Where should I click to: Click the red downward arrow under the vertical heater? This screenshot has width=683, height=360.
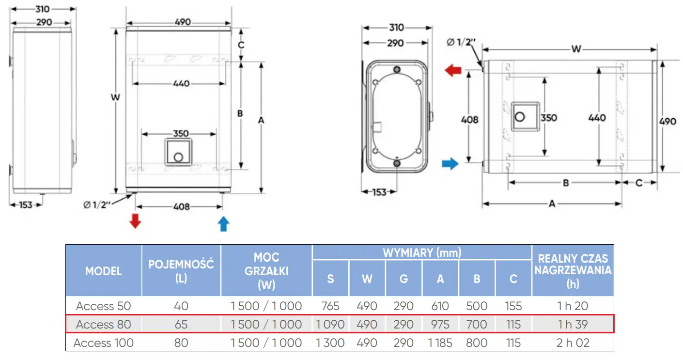pyautogui.click(x=135, y=221)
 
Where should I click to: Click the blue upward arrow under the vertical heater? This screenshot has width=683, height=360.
pyautogui.click(x=223, y=224)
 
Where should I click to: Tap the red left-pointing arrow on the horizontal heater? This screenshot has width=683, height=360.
pyautogui.click(x=453, y=70)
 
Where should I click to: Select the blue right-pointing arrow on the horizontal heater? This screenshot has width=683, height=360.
pyautogui.click(x=450, y=163)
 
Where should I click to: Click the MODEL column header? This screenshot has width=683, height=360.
pyautogui.click(x=103, y=271)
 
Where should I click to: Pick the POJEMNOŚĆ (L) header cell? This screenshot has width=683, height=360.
pyautogui.click(x=181, y=271)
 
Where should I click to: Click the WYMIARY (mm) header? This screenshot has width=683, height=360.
pyautogui.click(x=422, y=252)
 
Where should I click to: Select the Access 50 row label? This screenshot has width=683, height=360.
pyautogui.click(x=103, y=306)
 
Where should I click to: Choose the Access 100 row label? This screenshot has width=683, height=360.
pyautogui.click(x=103, y=343)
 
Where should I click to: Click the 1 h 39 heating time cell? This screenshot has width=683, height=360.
pyautogui.click(x=573, y=324)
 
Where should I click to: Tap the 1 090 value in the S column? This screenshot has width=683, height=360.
pyautogui.click(x=330, y=324)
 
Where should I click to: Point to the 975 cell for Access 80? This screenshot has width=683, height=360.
pyautogui.click(x=440, y=324)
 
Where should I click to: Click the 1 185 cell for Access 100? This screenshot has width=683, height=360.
pyautogui.click(x=440, y=343)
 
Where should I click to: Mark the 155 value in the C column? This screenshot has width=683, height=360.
pyautogui.click(x=513, y=306)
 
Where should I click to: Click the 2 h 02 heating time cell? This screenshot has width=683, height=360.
pyautogui.click(x=573, y=343)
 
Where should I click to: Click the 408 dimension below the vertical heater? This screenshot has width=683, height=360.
pyautogui.click(x=182, y=207)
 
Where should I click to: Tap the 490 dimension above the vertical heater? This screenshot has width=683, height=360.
pyautogui.click(x=183, y=22)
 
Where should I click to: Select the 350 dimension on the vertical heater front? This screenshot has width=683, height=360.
pyautogui.click(x=181, y=133)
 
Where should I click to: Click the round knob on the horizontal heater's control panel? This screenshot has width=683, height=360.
pyautogui.click(x=520, y=117)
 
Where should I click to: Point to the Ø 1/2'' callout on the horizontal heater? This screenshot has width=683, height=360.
pyautogui.click(x=461, y=42)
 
